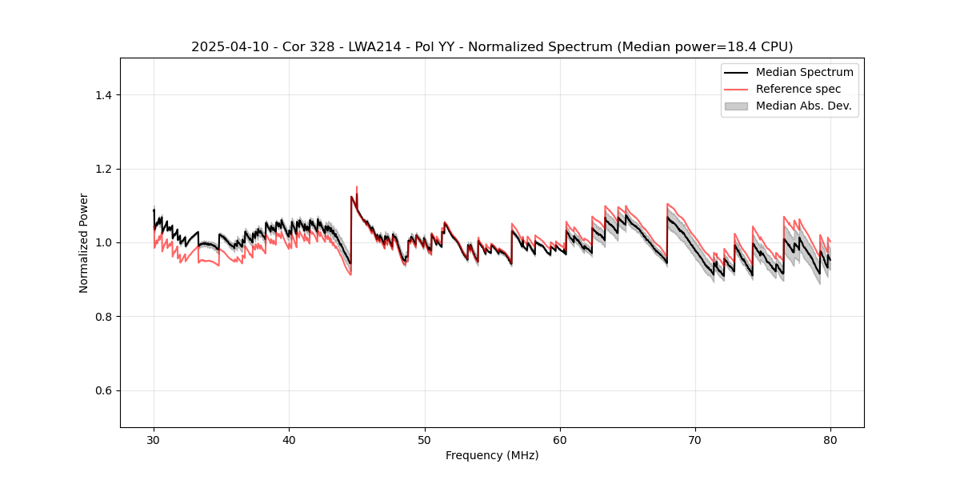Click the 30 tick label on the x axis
pyautogui.click(x=154, y=440)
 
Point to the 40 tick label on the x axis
pyautogui.click(x=289, y=440)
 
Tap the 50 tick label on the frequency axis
pyautogui.click(x=424, y=440)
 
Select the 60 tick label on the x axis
pyautogui.click(x=559, y=440)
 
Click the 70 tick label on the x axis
pyautogui.click(x=694, y=440)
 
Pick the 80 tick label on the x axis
pyautogui.click(x=830, y=440)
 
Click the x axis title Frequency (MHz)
pyautogui.click(x=492, y=455)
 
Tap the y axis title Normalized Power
pyautogui.click(x=84, y=242)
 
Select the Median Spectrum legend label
pyautogui.click(x=804, y=72)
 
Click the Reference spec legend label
pyautogui.click(x=798, y=89)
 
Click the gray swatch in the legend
pyautogui.click(x=736, y=106)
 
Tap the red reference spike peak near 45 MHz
pyautogui.click(x=356, y=186)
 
